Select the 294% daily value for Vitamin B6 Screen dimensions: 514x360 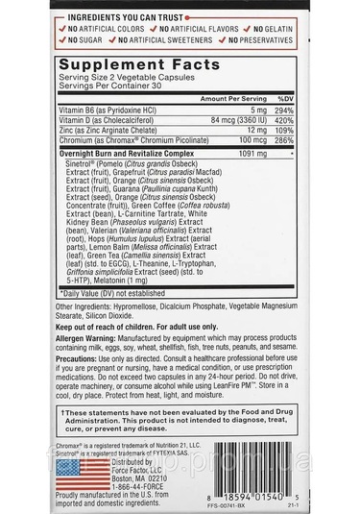click(x=285, y=111)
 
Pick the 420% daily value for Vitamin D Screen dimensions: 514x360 click(x=285, y=121)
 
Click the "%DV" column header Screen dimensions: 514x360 click(x=285, y=100)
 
